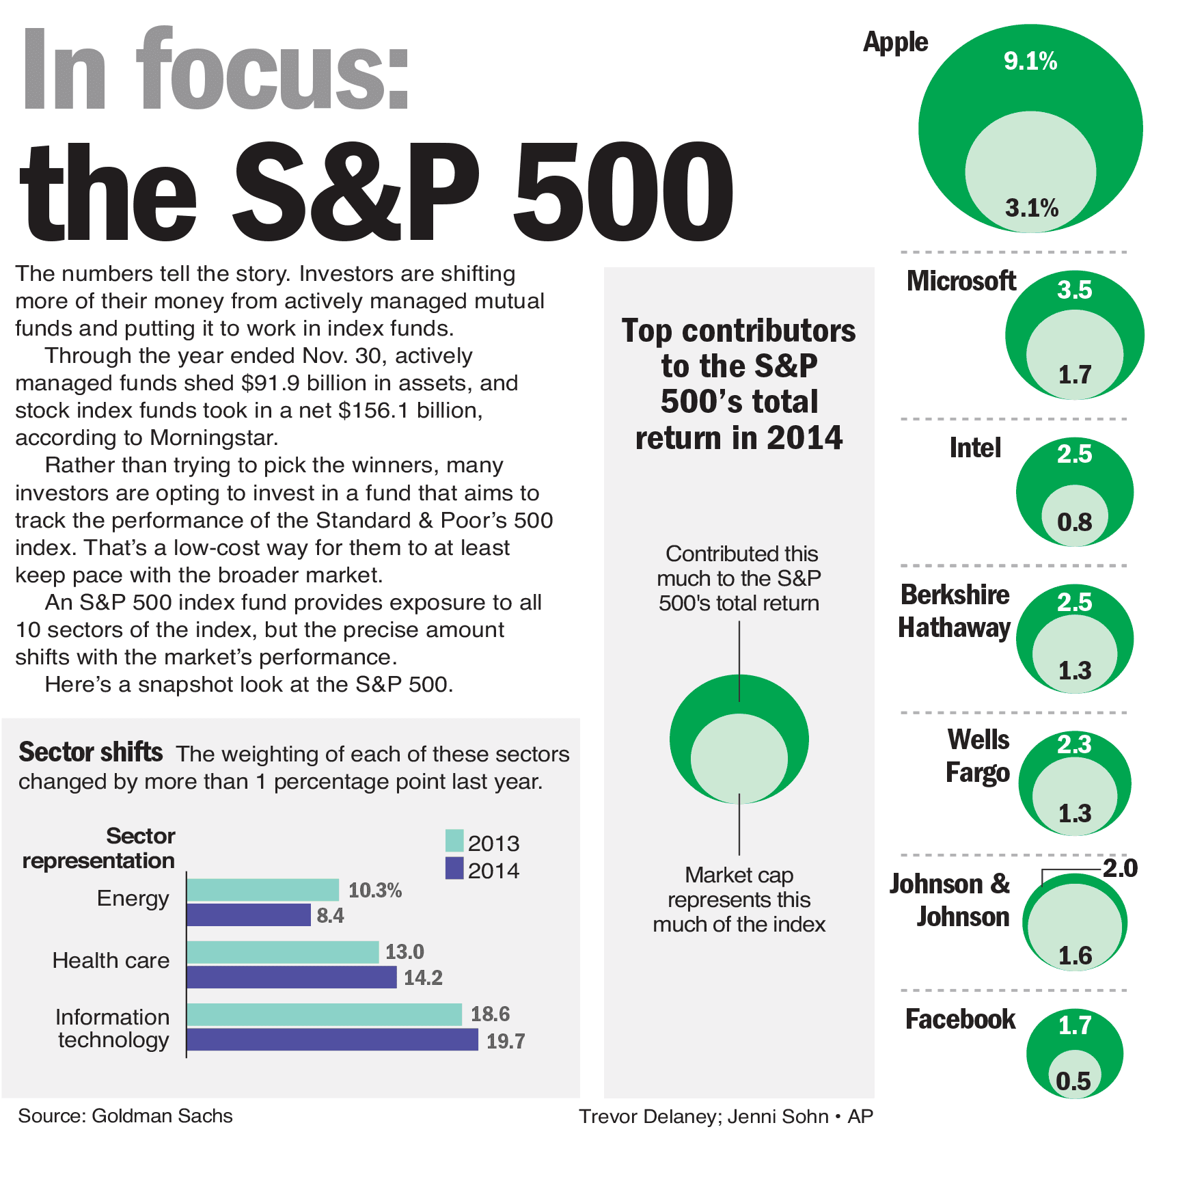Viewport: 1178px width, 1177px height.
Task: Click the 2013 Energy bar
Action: click(x=263, y=890)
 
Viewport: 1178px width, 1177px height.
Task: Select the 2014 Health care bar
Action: click(x=292, y=977)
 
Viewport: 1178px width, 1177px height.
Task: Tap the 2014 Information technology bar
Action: click(x=332, y=1040)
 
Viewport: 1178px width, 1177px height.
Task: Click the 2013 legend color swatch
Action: click(x=454, y=841)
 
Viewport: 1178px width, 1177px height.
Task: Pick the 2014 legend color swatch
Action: click(x=454, y=868)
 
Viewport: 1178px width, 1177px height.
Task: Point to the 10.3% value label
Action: click(x=374, y=890)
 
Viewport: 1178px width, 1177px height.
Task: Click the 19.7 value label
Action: click(x=505, y=1041)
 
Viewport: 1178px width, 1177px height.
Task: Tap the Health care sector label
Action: click(x=111, y=960)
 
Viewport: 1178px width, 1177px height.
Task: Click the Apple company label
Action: click(x=895, y=42)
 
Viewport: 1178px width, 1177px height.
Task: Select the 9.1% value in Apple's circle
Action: click(x=1030, y=62)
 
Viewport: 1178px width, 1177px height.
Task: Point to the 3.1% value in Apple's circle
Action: click(x=1031, y=208)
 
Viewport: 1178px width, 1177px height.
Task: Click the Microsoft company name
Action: click(x=961, y=281)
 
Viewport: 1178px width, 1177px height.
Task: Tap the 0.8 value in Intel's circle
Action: click(x=1074, y=523)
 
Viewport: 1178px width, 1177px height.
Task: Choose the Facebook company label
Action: click(x=960, y=1019)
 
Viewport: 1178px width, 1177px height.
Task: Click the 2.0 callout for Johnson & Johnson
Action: click(x=1120, y=868)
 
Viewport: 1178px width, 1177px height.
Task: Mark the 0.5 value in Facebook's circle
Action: click(x=1073, y=1081)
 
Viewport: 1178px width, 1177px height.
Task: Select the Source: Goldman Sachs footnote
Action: click(x=125, y=1115)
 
